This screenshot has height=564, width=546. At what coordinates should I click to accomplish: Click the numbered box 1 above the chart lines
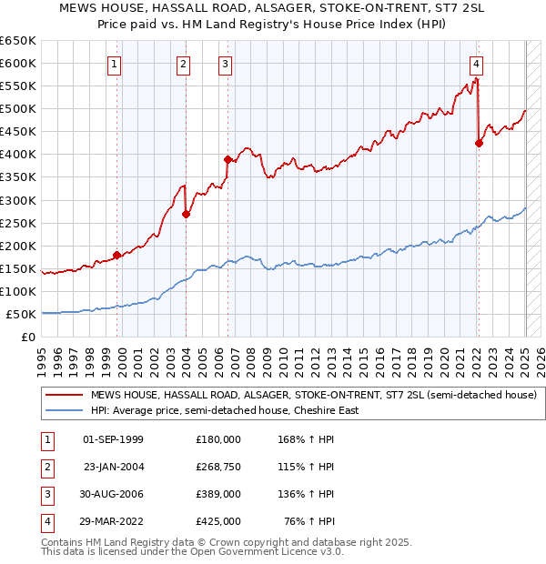[x=114, y=65]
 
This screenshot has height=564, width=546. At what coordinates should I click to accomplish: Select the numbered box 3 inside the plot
[x=225, y=65]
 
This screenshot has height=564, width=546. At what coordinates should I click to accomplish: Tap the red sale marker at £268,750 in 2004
[x=186, y=215]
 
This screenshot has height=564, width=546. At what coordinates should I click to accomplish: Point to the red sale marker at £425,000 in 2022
[x=479, y=143]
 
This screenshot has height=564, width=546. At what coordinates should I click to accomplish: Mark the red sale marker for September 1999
[x=116, y=255]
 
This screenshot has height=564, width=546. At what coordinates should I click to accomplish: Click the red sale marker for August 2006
[x=227, y=159]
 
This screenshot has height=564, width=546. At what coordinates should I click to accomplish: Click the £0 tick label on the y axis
[x=28, y=337]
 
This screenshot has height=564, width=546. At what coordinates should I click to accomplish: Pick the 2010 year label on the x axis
[x=283, y=363]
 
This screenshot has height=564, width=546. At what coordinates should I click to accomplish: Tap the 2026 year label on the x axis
[x=541, y=363]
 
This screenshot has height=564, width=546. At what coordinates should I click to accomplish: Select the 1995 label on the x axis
[x=42, y=363]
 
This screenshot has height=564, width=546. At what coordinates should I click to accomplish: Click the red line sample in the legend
[x=65, y=395]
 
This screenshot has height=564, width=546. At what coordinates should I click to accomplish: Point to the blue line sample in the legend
[x=65, y=410]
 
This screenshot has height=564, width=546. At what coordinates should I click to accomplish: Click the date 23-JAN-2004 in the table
[x=114, y=467]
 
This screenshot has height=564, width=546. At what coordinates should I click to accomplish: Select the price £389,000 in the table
[x=218, y=494]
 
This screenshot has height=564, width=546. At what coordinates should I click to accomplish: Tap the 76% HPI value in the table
[x=309, y=521]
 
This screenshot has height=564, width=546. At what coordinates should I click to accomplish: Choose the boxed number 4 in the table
[x=48, y=523]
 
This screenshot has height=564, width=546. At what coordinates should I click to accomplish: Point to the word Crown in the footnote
[x=224, y=542]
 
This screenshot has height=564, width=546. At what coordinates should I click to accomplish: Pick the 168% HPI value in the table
[x=306, y=439]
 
